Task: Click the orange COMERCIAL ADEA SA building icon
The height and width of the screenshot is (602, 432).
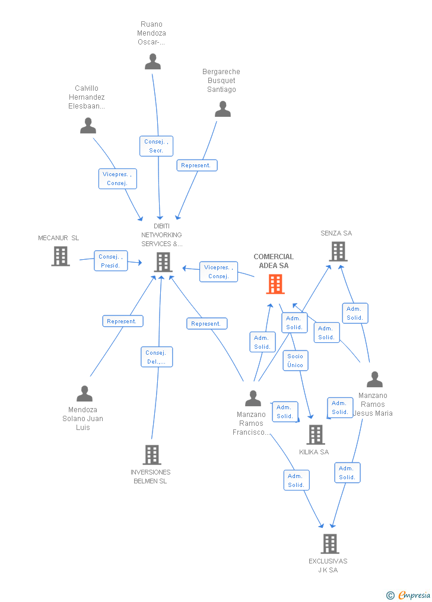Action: tap(275, 284)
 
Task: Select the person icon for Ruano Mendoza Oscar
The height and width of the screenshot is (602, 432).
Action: tap(153, 62)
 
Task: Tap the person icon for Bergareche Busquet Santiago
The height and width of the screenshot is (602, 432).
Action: tap(223, 109)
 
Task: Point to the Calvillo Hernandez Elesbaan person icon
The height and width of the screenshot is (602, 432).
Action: tap(88, 126)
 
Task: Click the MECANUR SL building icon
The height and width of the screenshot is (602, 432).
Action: tap(61, 256)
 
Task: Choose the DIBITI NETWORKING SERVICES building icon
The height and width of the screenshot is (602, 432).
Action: tap(163, 262)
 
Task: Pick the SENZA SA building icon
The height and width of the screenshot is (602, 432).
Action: tap(338, 251)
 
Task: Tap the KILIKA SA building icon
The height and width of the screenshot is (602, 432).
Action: tap(315, 434)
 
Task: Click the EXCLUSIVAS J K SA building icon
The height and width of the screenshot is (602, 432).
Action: tap(330, 543)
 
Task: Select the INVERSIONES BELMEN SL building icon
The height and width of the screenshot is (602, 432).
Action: tap(152, 454)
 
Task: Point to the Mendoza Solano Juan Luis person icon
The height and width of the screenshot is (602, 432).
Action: tap(84, 394)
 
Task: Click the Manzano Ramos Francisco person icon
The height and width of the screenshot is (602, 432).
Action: tap(253, 398)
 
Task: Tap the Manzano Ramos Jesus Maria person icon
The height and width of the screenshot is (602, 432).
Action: tap(374, 380)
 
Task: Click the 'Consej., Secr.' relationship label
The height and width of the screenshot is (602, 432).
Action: tap(156, 146)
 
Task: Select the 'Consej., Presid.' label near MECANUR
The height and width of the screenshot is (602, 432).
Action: tap(110, 261)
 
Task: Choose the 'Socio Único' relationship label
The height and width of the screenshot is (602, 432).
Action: tap(295, 361)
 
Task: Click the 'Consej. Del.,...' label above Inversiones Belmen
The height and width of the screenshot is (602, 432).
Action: tap(157, 357)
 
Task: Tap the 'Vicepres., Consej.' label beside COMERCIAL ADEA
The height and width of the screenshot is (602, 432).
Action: tap(218, 272)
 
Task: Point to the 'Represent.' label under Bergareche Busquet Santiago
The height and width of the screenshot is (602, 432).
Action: tap(196, 165)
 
